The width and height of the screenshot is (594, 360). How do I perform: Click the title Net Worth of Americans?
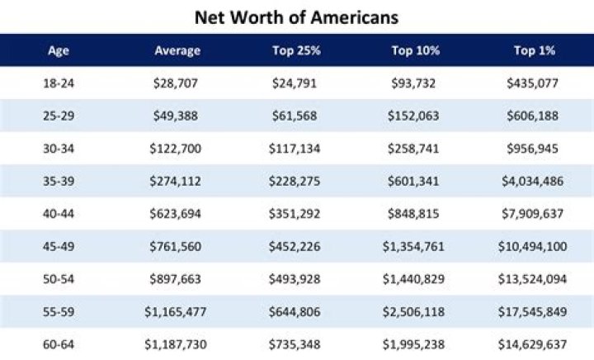coord(296,16)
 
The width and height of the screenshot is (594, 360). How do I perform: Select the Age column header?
coord(59,51)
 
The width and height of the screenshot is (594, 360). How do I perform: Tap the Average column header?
coord(177,51)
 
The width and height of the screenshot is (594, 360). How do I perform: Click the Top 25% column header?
coord(296,51)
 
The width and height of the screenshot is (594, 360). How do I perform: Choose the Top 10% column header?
coord(415,51)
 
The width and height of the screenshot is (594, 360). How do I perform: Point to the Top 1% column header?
coord(534,51)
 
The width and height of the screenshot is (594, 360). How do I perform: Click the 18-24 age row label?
coord(59,83)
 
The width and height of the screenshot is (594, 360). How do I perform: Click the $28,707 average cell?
coord(177,83)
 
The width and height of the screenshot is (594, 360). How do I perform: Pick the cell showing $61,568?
coord(296,116)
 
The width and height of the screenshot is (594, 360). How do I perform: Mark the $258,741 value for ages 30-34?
coord(415,148)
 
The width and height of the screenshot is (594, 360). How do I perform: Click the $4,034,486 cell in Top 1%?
coord(534,180)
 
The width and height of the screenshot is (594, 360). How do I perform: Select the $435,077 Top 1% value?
coord(534,83)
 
